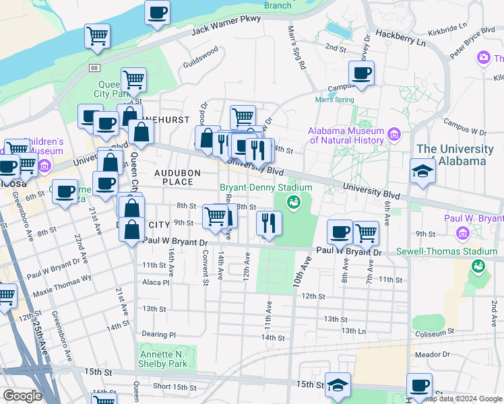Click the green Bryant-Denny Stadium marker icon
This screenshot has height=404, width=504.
click(293, 201)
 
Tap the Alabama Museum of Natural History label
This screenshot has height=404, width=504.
click(346, 135)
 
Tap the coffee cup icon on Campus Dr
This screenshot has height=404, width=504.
click(361, 73)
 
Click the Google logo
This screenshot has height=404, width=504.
click(23, 396)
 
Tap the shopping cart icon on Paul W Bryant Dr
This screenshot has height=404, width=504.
click(366, 233)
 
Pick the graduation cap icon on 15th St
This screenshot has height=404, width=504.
click(338, 385)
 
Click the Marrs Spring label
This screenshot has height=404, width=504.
click(334, 100)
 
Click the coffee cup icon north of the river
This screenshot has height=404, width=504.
click(157, 11)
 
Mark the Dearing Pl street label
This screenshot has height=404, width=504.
click(159, 334)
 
